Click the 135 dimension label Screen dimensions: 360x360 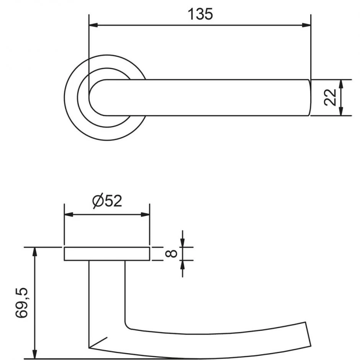coord(200,14)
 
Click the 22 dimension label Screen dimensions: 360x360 coord(330,97)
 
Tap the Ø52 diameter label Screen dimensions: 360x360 coord(107,201)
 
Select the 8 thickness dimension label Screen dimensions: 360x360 coord(171,254)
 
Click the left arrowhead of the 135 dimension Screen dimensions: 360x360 coord(93,25)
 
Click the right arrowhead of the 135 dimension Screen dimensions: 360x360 coord(306,25)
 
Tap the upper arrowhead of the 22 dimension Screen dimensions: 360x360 coord(341,84)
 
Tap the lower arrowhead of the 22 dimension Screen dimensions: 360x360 coord(341,111)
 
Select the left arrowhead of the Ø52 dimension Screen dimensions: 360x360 coord(69,215)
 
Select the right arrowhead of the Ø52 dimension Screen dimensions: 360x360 coord(145,215)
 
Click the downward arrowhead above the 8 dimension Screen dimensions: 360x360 coord(183,243)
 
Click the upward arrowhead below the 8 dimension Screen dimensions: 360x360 coord(183,265)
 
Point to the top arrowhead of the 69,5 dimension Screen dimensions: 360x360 coord(35,252)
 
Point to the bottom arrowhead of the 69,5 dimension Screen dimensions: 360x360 coord(35,354)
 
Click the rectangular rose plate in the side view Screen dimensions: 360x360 coord(107,254)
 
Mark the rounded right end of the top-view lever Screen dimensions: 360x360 coord(310,98)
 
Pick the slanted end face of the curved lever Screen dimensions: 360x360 coord(308,334)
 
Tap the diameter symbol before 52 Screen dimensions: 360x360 coord(97,201)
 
